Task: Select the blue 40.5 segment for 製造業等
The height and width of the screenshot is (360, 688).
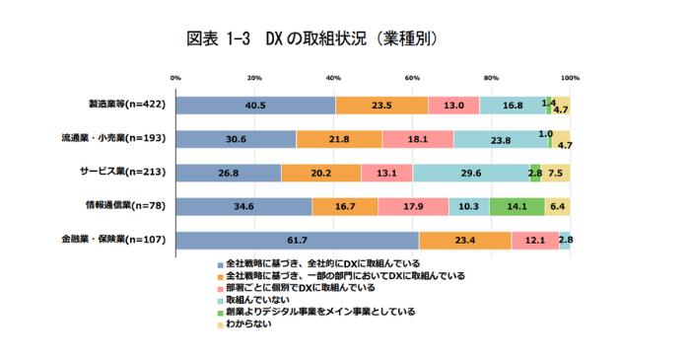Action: pyautogui.click(x=256, y=105)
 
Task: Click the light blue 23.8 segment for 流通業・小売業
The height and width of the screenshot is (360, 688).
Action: pyautogui.click(x=500, y=139)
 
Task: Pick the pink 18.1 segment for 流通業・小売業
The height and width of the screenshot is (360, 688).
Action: pyautogui.click(x=418, y=139)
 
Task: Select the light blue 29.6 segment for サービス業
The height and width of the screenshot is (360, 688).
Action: pyautogui.click(x=471, y=173)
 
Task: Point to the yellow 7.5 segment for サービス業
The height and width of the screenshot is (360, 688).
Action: pyautogui.click(x=556, y=173)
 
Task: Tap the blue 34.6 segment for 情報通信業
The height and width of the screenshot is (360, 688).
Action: pyautogui.click(x=244, y=206)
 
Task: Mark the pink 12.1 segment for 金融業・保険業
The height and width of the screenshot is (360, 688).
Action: pyautogui.click(x=534, y=240)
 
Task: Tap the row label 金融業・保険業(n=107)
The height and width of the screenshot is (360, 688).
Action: pyautogui.click(x=112, y=239)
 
